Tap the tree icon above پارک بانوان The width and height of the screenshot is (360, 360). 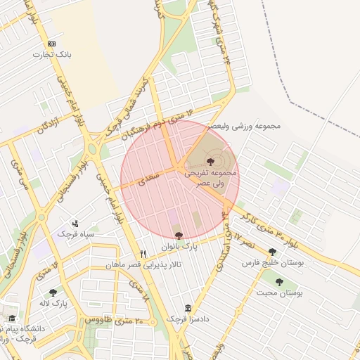point(178,236)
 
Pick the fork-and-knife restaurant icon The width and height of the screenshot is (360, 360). point(143,254)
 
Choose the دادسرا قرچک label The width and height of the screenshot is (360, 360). point(188,320)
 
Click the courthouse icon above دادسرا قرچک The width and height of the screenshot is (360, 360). point(188,309)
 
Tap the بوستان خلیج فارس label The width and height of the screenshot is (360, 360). point(271,262)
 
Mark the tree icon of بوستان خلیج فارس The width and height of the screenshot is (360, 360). point(272,251)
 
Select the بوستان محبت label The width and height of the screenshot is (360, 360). point(280,293)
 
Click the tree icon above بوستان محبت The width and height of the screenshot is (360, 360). point(279,282)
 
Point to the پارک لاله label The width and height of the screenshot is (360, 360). point(72,302)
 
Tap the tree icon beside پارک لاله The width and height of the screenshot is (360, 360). point(53,292)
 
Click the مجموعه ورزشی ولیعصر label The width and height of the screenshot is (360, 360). point(244,126)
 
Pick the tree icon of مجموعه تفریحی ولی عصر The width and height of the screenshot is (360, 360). point(211,162)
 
